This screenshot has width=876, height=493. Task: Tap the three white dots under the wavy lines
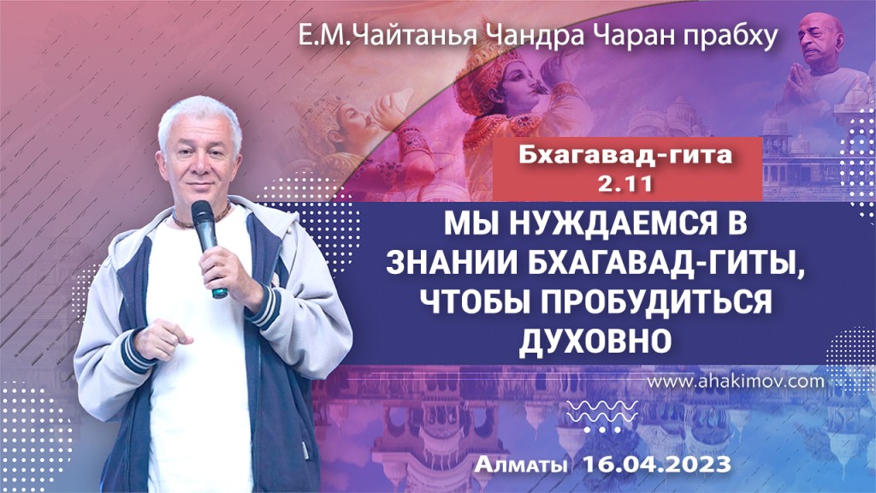(x=607, y=429)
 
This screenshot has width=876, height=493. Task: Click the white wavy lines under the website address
(x=607, y=409)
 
